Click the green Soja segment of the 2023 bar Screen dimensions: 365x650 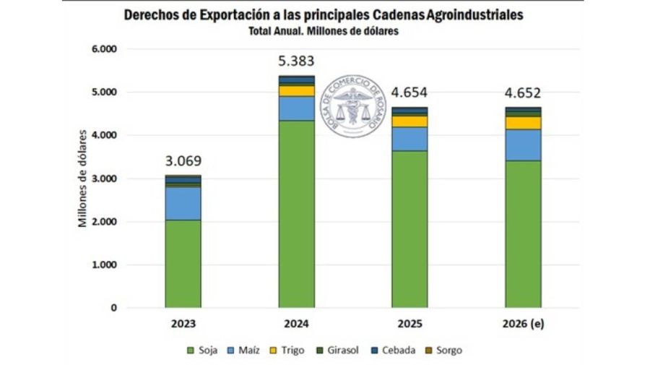(x=183, y=264)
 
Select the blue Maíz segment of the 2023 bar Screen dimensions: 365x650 (x=183, y=203)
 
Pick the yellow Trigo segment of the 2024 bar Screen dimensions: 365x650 (x=296, y=91)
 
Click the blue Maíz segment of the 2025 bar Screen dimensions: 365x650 (x=409, y=139)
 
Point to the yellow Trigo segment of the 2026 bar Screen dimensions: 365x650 (x=523, y=123)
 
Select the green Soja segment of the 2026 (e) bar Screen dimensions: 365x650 (x=523, y=234)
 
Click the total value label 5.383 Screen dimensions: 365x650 (x=296, y=61)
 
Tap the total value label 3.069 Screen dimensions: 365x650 (x=183, y=160)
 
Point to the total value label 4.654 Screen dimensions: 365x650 (x=409, y=93)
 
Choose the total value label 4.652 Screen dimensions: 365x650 (x=523, y=93)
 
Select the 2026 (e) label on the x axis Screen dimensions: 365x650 (x=523, y=324)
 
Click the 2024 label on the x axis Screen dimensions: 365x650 (x=296, y=324)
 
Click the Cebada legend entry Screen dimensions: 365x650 (x=395, y=351)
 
